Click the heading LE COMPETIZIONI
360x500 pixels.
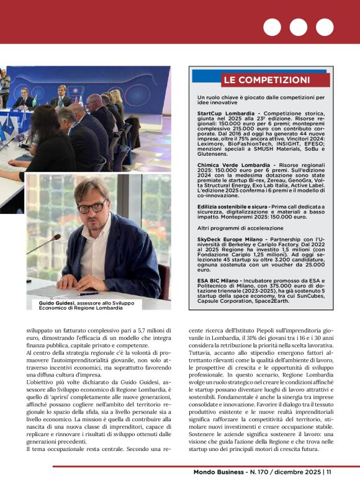click(266, 80)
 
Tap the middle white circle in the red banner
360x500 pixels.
click(298, 27)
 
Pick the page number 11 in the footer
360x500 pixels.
click(328, 489)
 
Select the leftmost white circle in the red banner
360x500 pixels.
click(272, 27)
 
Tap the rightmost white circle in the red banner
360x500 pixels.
click(325, 27)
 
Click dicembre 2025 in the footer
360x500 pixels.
click(296, 489)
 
